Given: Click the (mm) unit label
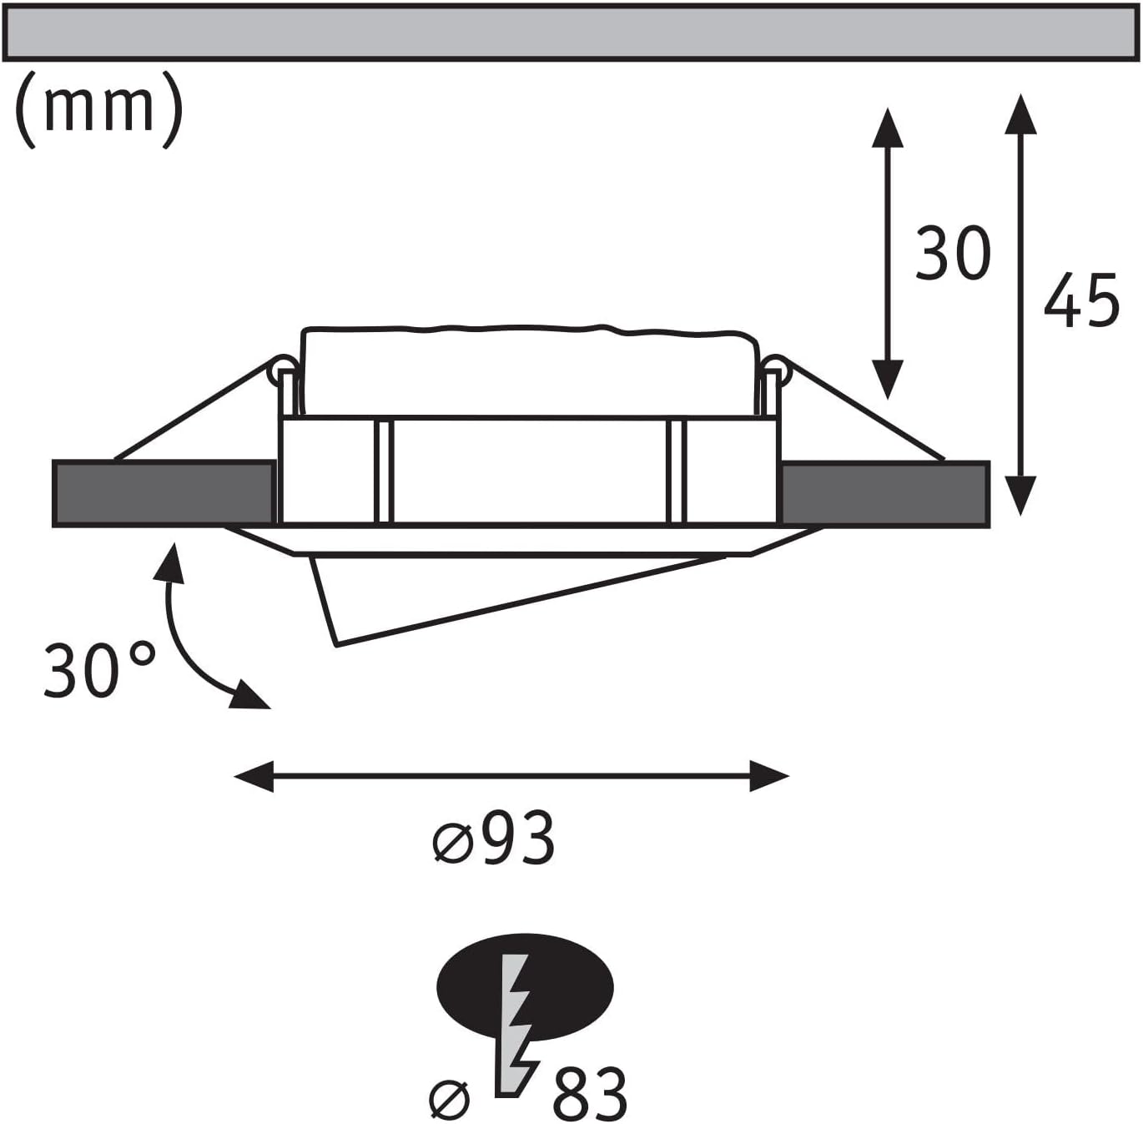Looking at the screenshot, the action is tap(98, 110).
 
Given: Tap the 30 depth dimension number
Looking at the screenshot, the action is tap(953, 252).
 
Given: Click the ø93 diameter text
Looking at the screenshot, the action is tap(494, 838).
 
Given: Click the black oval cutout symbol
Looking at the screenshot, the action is tap(525, 988).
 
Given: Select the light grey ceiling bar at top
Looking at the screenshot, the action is tap(571, 32).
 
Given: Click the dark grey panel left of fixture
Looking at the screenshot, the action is tap(164, 494).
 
